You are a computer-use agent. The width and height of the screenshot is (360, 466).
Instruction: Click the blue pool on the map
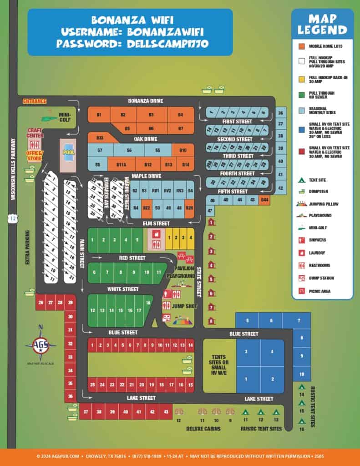pyautogui.click(x=69, y=152)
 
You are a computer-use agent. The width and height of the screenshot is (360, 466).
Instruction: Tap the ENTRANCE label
pyautogui.click(x=35, y=101)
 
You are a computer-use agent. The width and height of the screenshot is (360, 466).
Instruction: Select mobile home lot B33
pyautogui.click(x=100, y=137)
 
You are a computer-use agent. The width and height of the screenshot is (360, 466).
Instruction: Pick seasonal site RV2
pyautogui.click(x=167, y=190)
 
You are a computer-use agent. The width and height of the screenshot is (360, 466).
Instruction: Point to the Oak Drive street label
pyautogui.click(x=146, y=139)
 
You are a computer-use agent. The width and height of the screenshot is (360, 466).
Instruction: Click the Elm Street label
pyautogui.click(x=156, y=223)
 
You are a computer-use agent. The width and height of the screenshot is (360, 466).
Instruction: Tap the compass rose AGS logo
pyautogui.click(x=41, y=346)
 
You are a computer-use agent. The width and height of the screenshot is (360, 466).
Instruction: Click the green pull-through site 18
pyautogui.click(x=148, y=303)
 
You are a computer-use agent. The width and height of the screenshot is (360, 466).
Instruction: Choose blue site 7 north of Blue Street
pyautogui.click(x=299, y=321)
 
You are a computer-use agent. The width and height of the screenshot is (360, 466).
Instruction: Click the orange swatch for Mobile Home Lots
pyautogui.click(x=301, y=46)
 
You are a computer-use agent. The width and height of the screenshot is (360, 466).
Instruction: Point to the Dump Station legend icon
pyautogui.click(x=301, y=278)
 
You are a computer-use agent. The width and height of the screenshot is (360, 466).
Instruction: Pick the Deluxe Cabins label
pyautogui.click(x=203, y=429)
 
